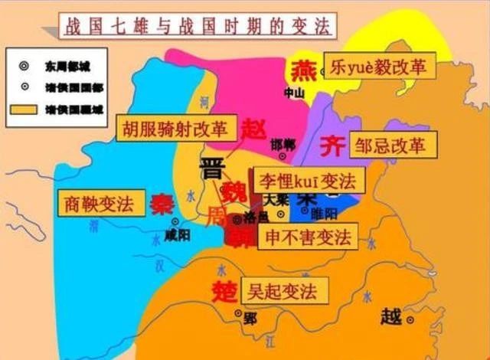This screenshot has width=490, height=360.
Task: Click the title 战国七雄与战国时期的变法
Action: click(195, 26)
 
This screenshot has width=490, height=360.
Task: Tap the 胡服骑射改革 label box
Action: click(175, 128)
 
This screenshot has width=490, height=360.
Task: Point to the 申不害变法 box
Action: click(307, 237)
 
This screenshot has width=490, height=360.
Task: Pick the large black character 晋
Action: click(213, 169)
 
